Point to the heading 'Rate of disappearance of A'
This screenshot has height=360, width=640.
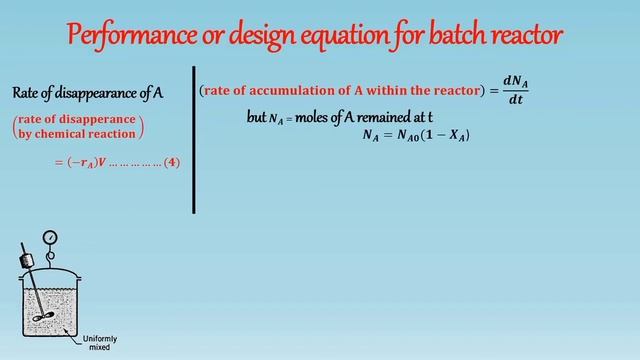[88, 93]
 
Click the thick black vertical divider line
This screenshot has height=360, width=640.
[193, 140]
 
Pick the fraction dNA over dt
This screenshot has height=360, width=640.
[514, 90]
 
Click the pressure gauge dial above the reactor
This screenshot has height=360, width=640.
[50, 238]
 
